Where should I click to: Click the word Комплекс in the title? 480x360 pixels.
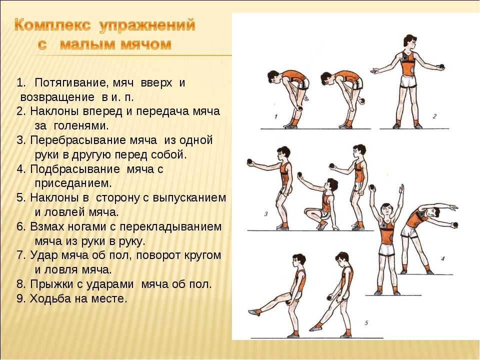click(52, 25)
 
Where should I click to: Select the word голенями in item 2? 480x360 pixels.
click(81, 125)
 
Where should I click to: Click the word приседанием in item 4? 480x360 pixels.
click(73, 183)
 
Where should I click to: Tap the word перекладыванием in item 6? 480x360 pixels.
click(170, 227)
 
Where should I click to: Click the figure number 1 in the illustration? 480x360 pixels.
click(276, 116)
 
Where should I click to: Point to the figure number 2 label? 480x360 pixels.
click(434, 116)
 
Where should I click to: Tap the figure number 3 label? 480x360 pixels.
click(265, 213)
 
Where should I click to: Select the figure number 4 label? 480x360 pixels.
click(442, 258)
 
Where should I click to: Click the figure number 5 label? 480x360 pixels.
click(366, 322)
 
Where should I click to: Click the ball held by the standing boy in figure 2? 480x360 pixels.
click(441, 66)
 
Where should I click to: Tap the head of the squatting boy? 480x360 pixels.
click(331, 185)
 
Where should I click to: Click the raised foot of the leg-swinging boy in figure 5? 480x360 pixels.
click(254, 312)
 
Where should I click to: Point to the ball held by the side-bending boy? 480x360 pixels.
click(455, 225)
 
